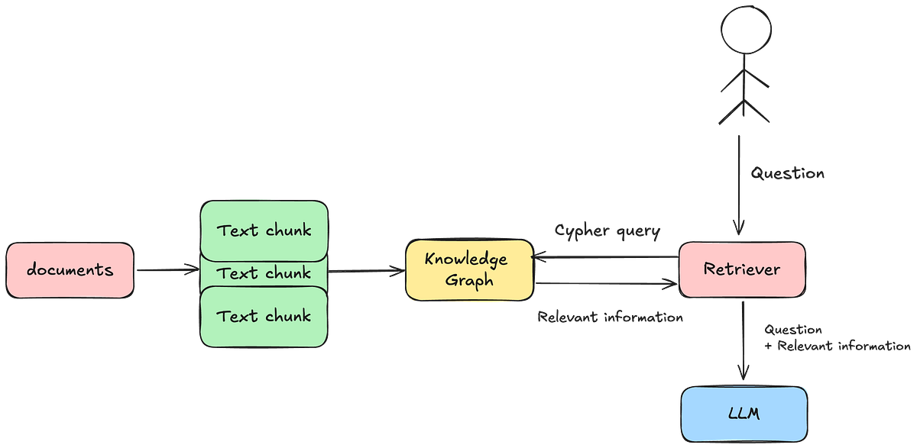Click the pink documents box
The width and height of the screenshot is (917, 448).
point(70,270)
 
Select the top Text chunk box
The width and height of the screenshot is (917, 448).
point(264,230)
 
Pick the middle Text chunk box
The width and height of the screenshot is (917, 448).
point(264,273)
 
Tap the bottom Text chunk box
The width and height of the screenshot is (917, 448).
point(264,316)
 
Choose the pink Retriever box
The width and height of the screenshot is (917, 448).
point(742,269)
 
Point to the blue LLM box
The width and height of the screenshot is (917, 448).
point(743,413)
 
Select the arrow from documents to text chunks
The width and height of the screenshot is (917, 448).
point(166,269)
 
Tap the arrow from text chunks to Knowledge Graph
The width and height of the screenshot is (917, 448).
point(367,270)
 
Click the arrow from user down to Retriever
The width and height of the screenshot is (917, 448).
point(739,183)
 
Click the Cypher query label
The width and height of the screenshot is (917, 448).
point(608,229)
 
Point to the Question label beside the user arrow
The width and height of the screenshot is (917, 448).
point(787,174)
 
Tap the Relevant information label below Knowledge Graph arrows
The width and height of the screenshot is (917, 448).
point(610,316)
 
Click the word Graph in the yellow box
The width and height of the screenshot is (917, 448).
point(469,281)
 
